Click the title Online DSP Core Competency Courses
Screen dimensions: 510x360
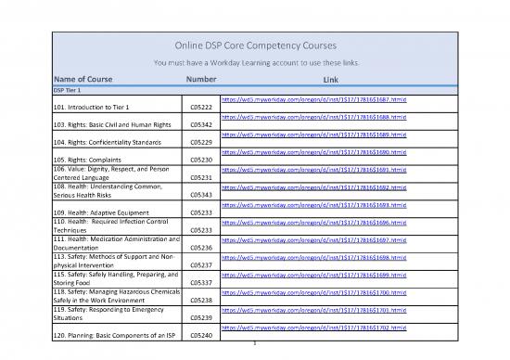click(x=254, y=46)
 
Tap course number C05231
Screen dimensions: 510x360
click(x=201, y=177)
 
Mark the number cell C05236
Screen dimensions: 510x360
click(x=201, y=248)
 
